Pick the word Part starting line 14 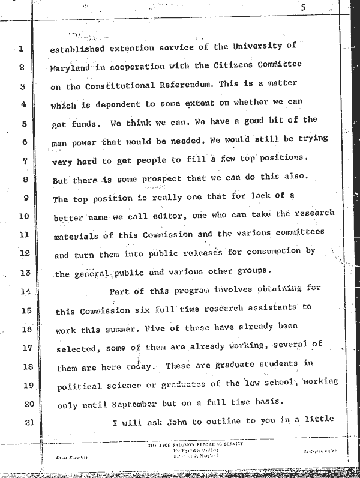(x=122, y=292)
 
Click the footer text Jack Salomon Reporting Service (x=196, y=444)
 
